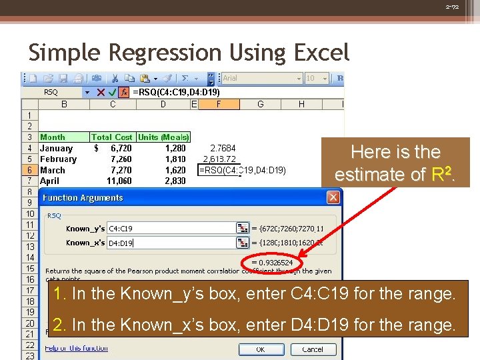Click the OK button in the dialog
tap(261, 349)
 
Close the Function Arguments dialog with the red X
tap(333, 197)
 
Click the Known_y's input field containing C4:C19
tap(171, 228)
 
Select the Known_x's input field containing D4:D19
tap(171, 243)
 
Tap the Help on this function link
tap(76, 348)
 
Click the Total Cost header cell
tap(112, 137)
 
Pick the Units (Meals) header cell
tap(163, 137)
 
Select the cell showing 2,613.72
tap(219, 159)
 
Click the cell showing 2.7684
tap(223, 148)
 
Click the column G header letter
tap(260, 104)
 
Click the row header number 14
tap(30, 257)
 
